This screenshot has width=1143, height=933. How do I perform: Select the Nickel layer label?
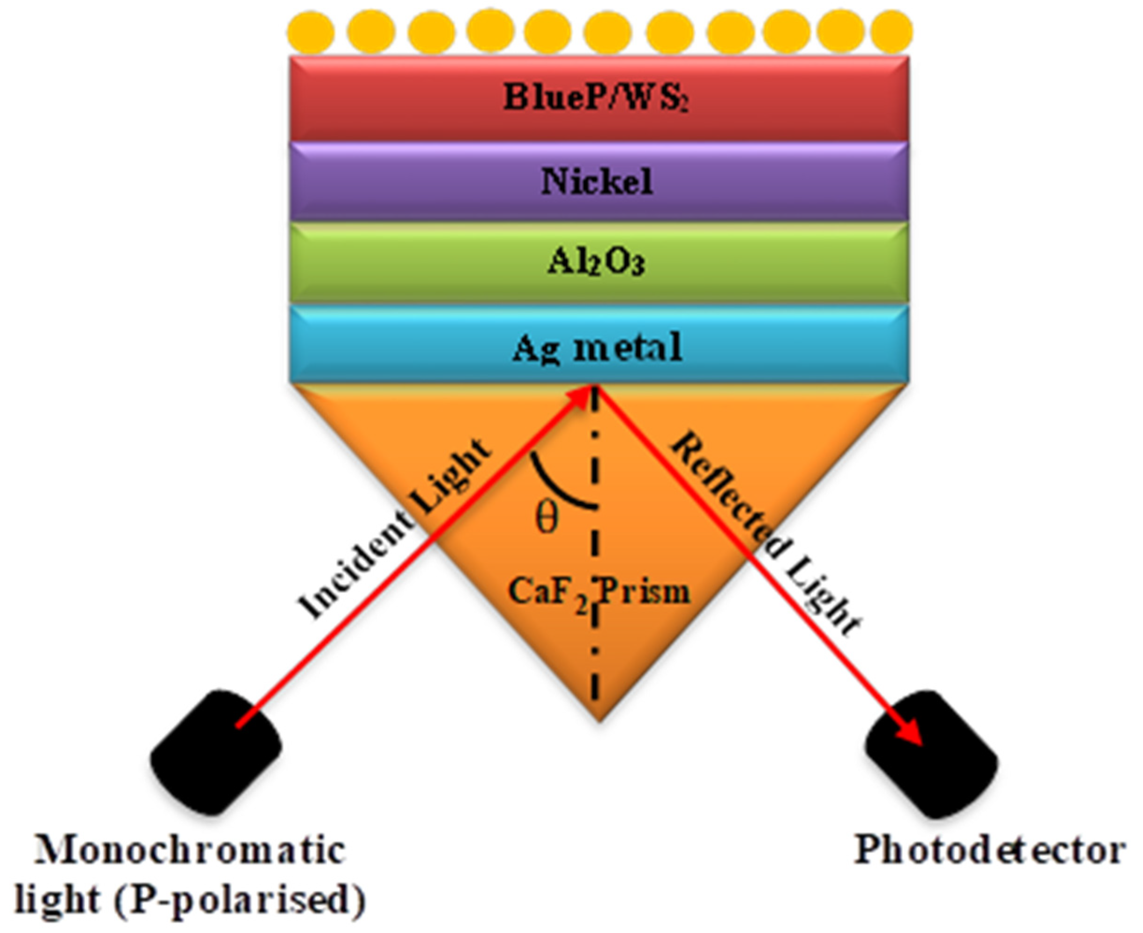point(596,182)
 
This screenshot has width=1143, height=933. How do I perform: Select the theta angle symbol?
point(547,518)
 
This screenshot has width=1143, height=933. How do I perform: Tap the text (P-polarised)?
point(240,899)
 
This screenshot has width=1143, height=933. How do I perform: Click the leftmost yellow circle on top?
point(311,32)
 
